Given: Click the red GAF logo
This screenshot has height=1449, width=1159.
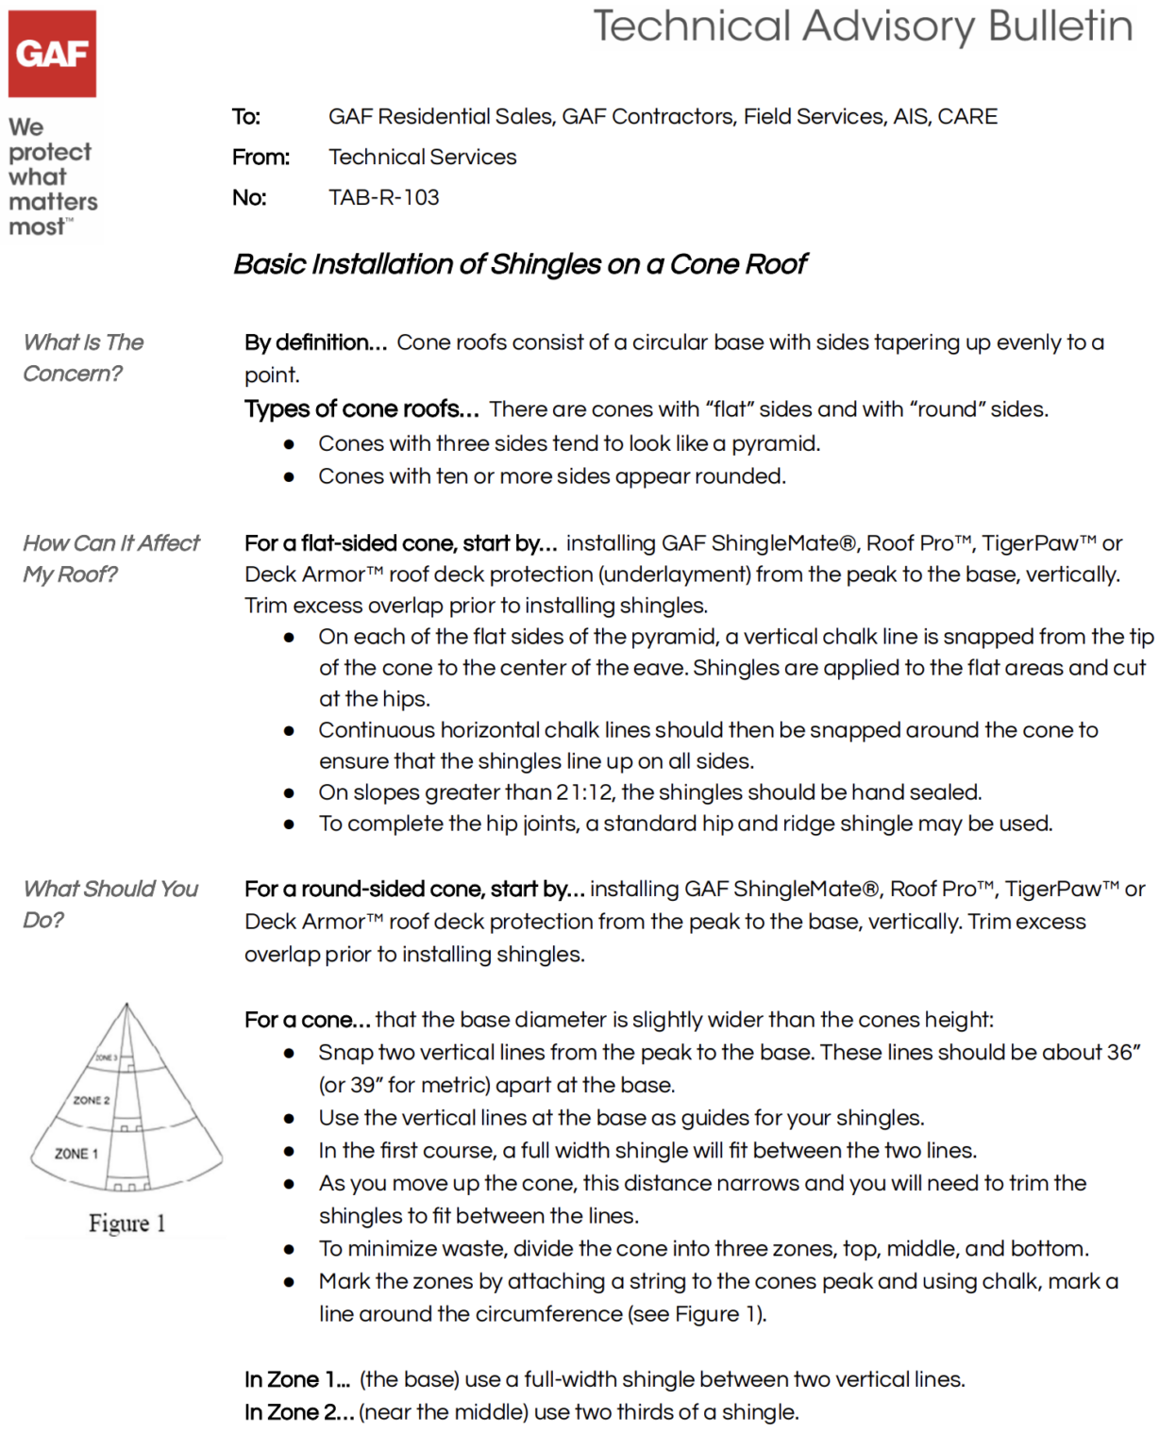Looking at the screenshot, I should (52, 54).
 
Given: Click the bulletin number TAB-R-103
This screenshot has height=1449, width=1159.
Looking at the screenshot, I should (383, 197).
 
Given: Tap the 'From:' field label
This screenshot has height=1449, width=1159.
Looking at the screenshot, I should (260, 157).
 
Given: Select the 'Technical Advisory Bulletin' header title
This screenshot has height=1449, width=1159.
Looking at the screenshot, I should (862, 26).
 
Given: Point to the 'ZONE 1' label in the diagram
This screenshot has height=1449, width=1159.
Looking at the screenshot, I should (76, 1153).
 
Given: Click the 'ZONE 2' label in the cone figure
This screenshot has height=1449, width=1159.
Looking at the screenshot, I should (92, 1100).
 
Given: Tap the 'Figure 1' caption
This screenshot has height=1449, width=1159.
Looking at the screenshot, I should (126, 1224).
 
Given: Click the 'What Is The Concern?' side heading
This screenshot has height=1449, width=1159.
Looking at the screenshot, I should (83, 358).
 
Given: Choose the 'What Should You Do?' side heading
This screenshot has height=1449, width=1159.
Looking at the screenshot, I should (110, 904).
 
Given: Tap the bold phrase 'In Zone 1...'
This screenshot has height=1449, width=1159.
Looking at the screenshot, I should (296, 1379).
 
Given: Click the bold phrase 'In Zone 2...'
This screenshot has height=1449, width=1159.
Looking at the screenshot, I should (298, 1412).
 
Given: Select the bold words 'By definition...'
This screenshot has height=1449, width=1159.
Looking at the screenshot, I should (315, 342).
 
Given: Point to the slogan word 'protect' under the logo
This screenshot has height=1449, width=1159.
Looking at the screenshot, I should (50, 152).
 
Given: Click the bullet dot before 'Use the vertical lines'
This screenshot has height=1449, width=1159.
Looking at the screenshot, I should (289, 1118).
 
